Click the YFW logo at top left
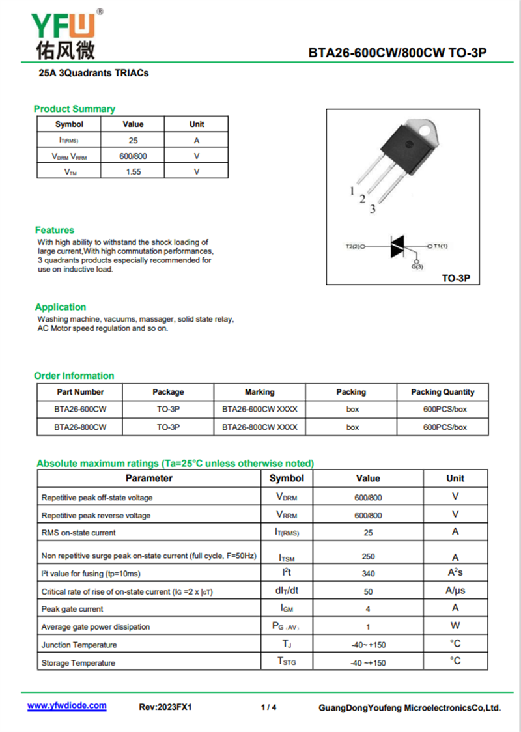point(66,33)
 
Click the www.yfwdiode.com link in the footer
point(66,706)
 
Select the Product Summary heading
point(74,109)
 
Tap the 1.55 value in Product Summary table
point(134,172)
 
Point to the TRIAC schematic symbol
point(397,247)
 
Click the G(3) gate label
point(417,267)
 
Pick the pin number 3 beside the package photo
point(373,209)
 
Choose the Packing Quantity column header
point(443,392)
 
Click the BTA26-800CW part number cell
point(80,427)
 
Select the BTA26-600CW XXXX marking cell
point(259,410)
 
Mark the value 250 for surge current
point(368,557)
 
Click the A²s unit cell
point(455,573)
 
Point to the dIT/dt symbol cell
point(287,591)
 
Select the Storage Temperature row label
point(78,663)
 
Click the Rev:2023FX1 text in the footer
point(165,707)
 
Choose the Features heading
point(55,230)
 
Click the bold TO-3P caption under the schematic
point(456,278)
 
